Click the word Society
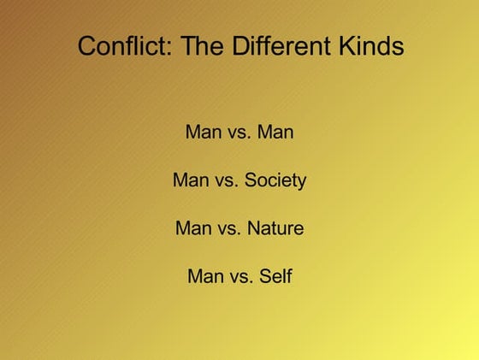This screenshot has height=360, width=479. (275, 180)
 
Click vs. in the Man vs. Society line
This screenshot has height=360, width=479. (227, 180)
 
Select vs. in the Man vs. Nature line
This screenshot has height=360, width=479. (229, 228)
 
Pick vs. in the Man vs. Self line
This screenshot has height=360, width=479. (241, 276)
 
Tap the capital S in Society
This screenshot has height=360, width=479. (251, 180)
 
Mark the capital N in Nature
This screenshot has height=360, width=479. (253, 228)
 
